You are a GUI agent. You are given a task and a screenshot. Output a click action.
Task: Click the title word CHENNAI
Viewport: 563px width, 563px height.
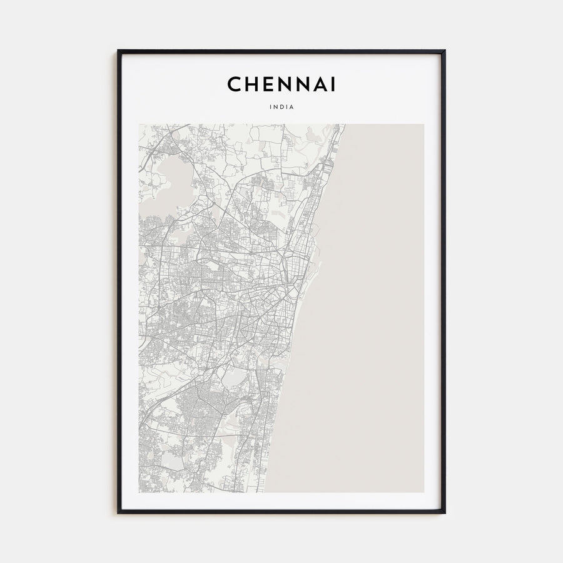(281, 84)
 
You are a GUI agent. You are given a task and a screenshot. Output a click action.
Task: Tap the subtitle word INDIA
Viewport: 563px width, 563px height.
(281, 107)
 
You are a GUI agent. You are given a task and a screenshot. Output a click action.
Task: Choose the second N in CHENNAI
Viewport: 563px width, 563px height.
(297, 84)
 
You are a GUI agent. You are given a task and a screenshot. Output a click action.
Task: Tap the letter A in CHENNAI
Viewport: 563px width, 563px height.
(315, 84)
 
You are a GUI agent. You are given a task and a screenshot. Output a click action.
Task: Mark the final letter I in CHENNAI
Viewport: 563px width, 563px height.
(330, 84)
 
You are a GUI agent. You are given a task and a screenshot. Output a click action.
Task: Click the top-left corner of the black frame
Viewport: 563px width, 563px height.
(118, 51)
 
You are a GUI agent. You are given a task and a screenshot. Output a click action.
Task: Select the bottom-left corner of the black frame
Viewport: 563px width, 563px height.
(118, 513)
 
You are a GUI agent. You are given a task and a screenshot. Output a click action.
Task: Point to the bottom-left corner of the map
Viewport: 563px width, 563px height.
(139, 492)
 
